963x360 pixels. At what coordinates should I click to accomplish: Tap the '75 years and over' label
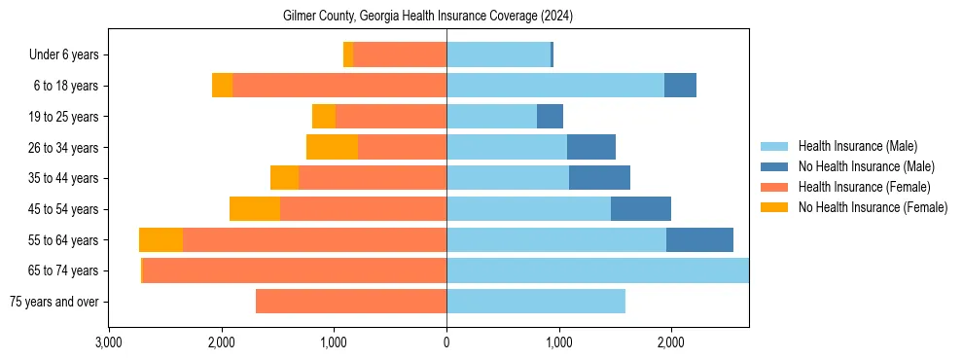point(53,302)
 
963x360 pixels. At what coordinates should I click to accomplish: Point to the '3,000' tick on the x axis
point(109,342)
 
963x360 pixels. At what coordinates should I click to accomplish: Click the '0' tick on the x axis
point(446,342)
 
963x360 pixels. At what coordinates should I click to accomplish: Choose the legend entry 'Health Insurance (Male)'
point(857,146)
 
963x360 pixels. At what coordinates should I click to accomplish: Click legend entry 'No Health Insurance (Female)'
point(873,207)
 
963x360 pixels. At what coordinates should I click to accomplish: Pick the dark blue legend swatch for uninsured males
point(775,166)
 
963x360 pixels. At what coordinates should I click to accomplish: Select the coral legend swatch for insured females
point(775,187)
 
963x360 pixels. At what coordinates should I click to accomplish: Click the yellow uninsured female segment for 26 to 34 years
point(332,147)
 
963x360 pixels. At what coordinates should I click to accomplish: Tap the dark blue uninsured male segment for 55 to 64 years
point(699,239)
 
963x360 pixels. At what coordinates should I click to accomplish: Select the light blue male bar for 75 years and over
point(536,302)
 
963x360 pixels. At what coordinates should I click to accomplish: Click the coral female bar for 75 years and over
point(351,302)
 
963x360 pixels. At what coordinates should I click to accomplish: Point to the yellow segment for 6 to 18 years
point(222,86)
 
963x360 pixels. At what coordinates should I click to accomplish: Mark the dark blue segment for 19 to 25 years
point(550,117)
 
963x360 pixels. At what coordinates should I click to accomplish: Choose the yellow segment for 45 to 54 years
point(255,209)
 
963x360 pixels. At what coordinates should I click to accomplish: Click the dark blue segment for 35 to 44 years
point(599,178)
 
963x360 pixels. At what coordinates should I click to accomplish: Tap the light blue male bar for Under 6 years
point(498,55)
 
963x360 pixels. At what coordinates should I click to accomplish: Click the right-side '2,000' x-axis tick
point(670,342)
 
